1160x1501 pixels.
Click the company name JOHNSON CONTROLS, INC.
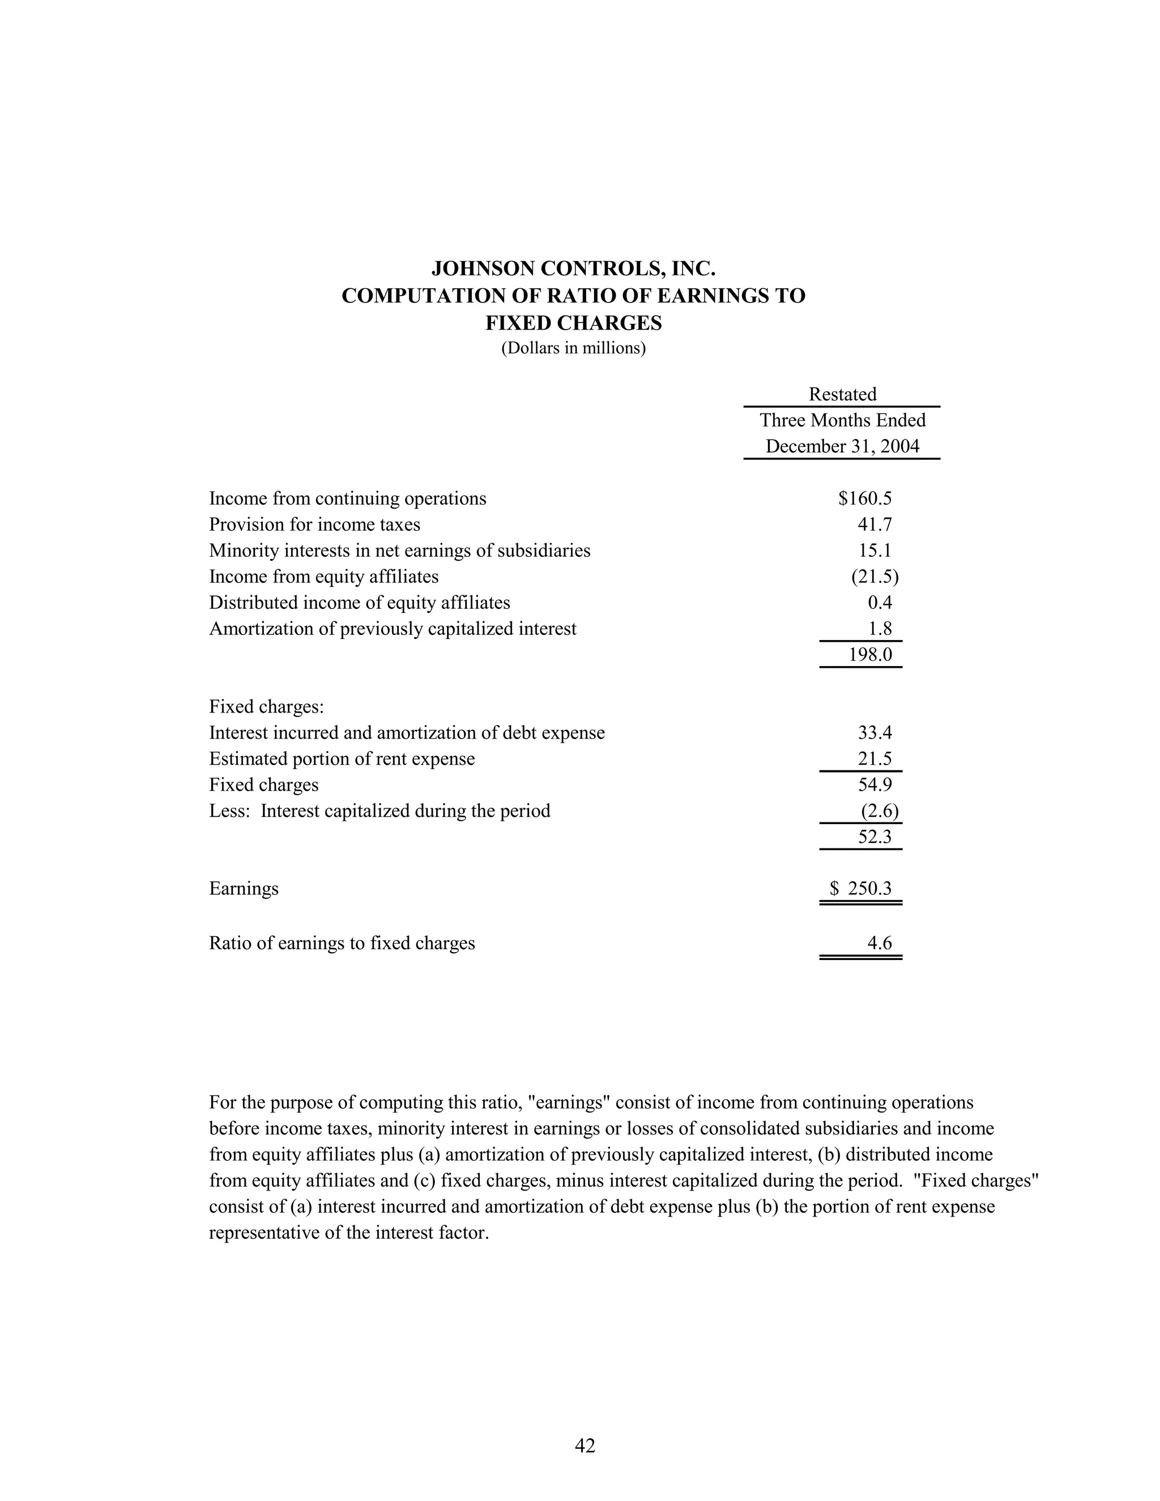coord(573,268)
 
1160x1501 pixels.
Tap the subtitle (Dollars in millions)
coord(573,348)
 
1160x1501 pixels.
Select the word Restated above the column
coord(842,394)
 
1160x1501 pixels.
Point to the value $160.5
coord(864,498)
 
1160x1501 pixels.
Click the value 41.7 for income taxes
coord(874,525)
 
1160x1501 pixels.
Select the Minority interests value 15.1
coord(874,551)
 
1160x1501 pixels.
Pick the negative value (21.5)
coord(874,577)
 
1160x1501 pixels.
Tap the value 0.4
coord(879,603)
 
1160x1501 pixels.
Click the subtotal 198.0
coord(869,654)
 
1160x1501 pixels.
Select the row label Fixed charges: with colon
coord(266,706)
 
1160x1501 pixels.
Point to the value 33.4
coord(874,732)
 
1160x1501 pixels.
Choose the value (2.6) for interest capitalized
coord(879,811)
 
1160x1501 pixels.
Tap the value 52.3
coord(874,837)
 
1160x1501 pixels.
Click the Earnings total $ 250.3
coord(860,889)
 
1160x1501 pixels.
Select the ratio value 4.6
coord(879,943)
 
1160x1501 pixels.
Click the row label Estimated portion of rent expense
coord(342,759)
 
